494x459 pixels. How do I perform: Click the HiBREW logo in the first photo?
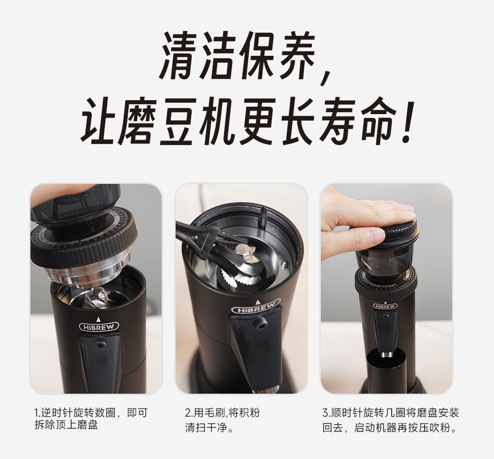click(99, 327)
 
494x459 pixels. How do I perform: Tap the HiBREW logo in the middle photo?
click(256, 307)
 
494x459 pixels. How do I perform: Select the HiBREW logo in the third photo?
click(385, 306)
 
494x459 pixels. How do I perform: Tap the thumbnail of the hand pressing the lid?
click(386, 289)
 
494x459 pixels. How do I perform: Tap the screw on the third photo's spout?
click(385, 316)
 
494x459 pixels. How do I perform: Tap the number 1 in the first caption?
click(36, 413)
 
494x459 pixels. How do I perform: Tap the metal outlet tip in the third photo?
click(387, 354)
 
